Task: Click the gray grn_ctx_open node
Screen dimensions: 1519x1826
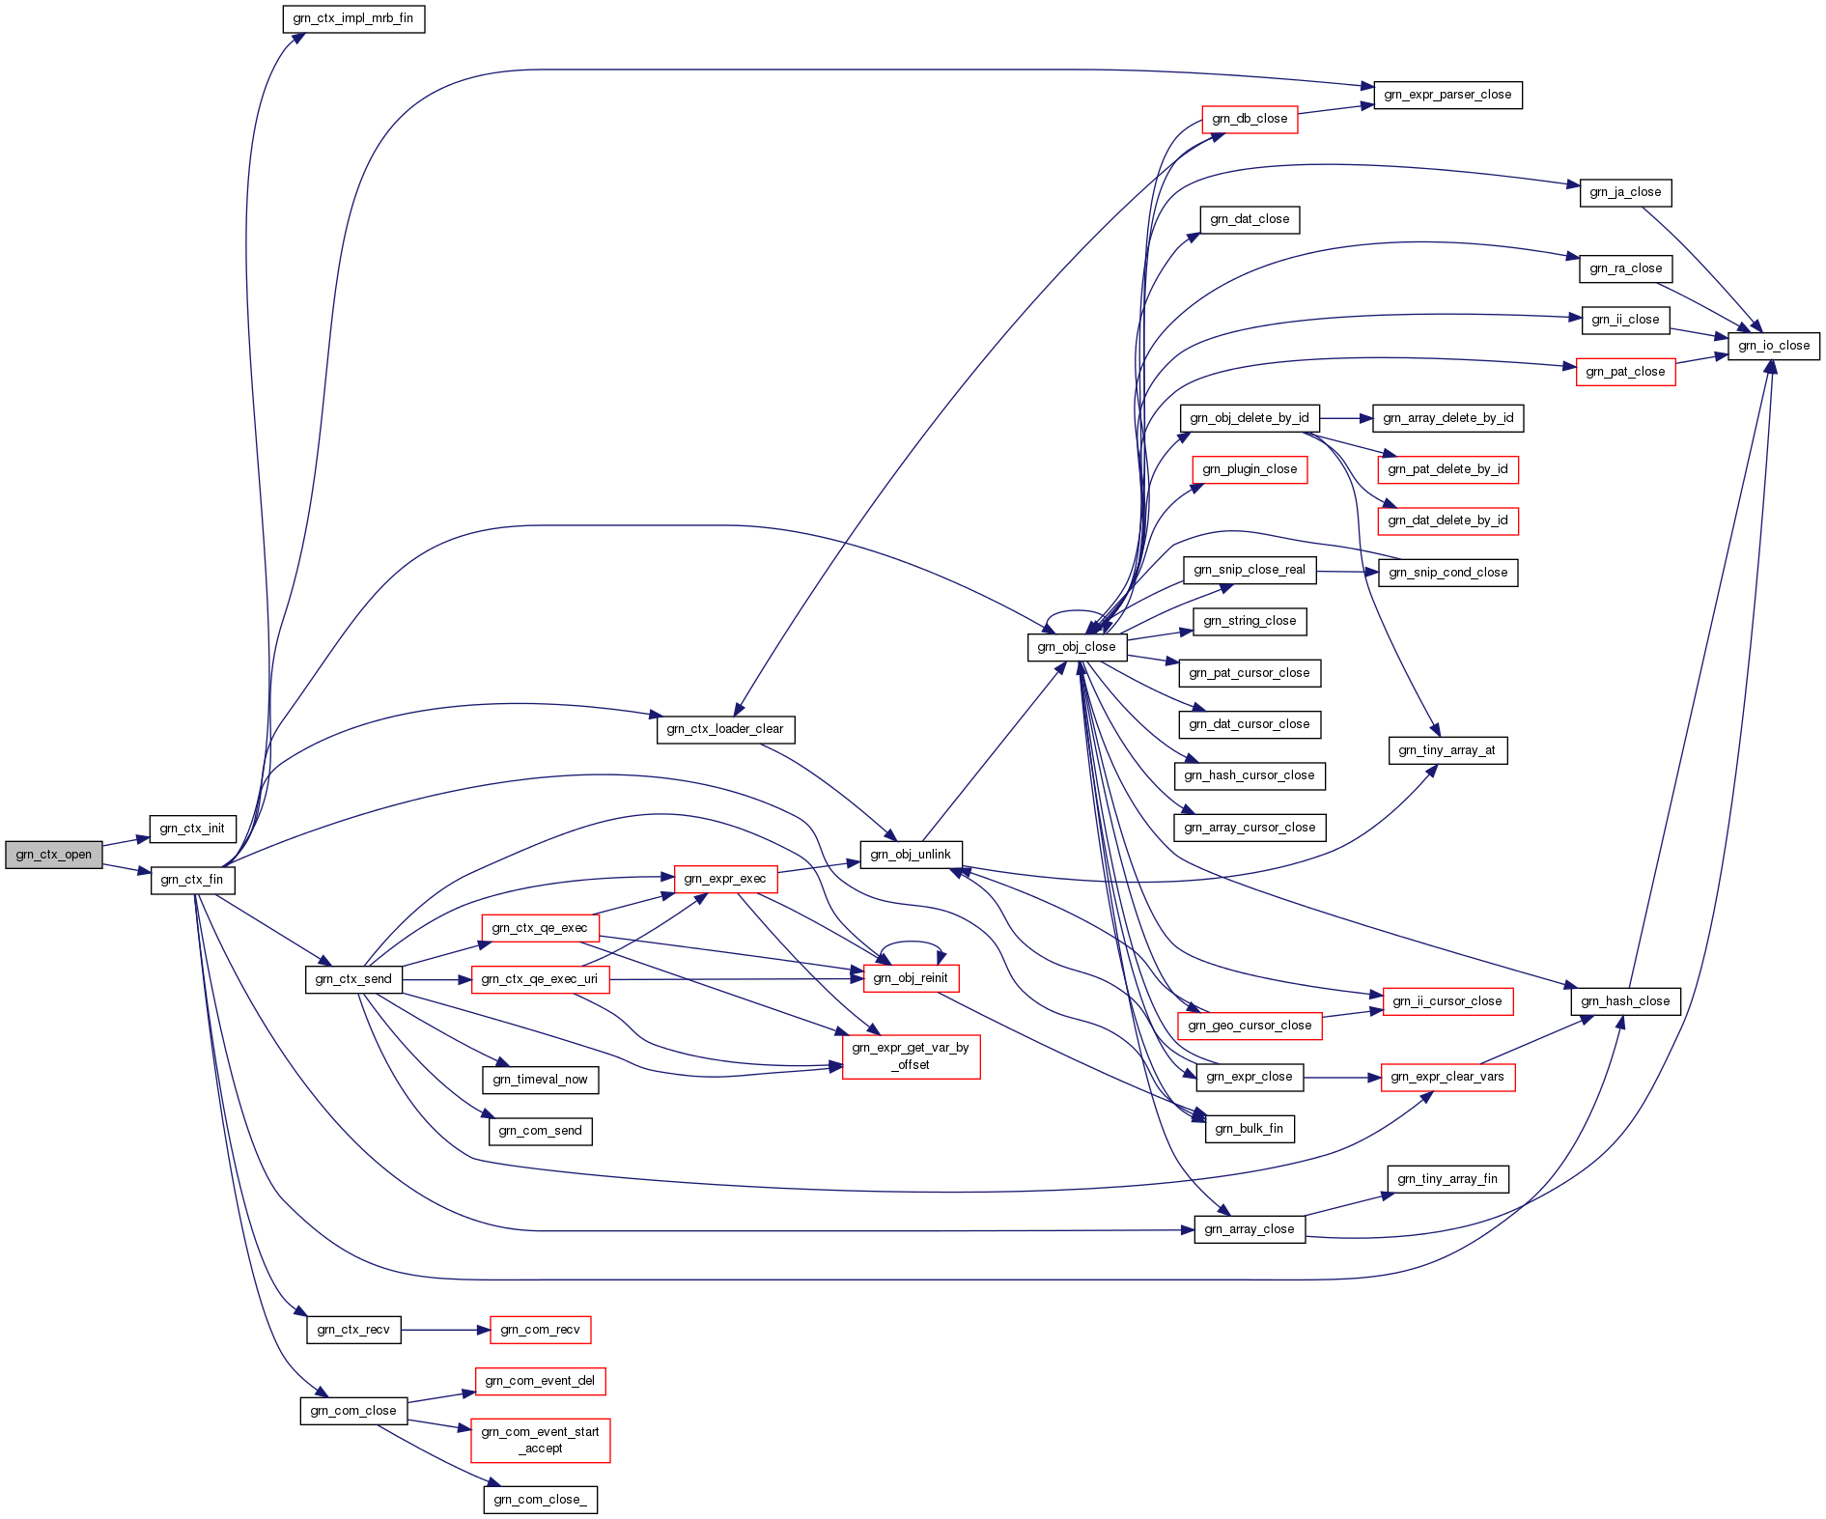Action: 54,855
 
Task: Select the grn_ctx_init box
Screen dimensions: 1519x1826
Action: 192,829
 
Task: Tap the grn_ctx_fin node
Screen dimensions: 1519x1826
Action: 192,880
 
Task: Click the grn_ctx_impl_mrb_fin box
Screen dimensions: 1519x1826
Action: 353,18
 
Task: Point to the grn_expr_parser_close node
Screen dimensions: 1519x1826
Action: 1447,95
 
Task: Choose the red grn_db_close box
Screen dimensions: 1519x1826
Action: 1250,119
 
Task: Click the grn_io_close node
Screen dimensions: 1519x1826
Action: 1773,346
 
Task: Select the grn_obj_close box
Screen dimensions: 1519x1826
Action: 1077,647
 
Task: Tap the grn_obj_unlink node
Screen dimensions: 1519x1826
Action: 911,855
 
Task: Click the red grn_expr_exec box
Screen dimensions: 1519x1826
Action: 725,879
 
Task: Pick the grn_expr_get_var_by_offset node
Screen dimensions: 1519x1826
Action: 911,1056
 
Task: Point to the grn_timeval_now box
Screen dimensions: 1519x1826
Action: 540,1080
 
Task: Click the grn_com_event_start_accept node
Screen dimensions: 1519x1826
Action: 540,1440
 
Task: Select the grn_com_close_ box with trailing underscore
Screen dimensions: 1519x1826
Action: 540,1500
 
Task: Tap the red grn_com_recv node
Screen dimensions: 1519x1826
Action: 540,1330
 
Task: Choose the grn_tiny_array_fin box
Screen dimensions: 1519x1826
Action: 1447,1179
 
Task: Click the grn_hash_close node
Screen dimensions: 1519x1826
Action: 1625,1001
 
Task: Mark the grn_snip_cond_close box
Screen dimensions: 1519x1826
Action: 1447,573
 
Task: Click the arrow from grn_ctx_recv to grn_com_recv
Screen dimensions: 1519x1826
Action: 445,1330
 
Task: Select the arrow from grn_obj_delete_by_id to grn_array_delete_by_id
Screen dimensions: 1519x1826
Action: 1345,418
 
